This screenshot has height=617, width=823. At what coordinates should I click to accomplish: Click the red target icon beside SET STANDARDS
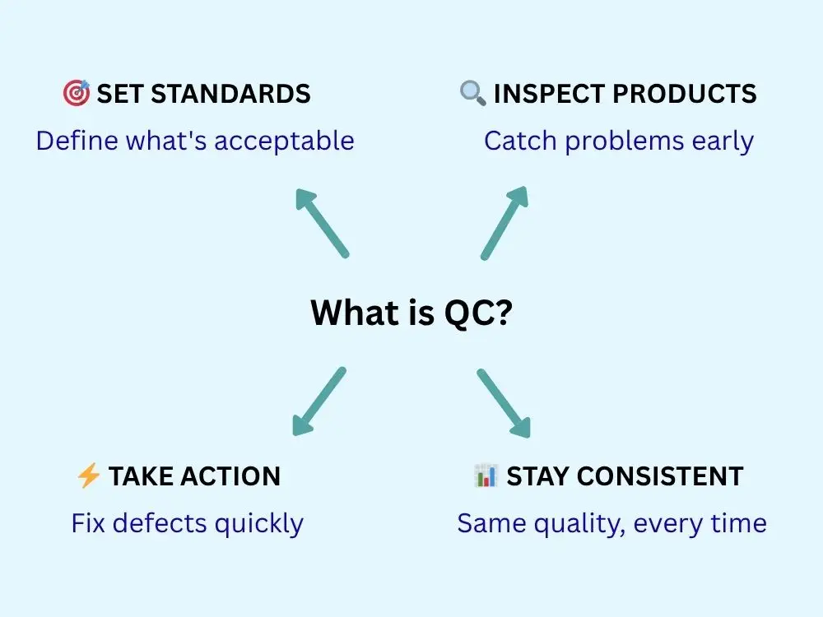point(76,94)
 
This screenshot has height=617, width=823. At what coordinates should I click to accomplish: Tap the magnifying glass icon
point(472,93)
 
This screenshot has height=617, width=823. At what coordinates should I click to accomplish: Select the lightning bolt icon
point(88,476)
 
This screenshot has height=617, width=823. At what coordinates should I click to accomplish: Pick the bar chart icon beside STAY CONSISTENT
point(485,476)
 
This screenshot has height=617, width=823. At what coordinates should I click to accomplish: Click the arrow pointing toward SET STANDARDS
point(322,223)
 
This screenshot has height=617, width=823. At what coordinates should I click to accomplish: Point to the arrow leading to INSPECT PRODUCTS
point(504,222)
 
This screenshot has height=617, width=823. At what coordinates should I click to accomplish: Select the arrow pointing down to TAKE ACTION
point(319,401)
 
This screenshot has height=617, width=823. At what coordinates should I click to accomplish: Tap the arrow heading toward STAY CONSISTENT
point(504,403)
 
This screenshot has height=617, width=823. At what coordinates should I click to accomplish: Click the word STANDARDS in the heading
point(230,94)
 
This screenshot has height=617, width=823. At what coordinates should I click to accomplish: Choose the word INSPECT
point(550,94)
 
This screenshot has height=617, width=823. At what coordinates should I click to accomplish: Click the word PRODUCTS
point(685,94)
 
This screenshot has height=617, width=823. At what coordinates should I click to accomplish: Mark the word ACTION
point(230,476)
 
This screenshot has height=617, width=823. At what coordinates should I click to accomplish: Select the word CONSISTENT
point(660,476)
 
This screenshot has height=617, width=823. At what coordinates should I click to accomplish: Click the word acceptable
point(284,141)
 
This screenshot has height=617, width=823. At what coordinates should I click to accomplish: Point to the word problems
point(625,141)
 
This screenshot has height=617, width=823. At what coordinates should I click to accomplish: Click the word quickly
point(258,524)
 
